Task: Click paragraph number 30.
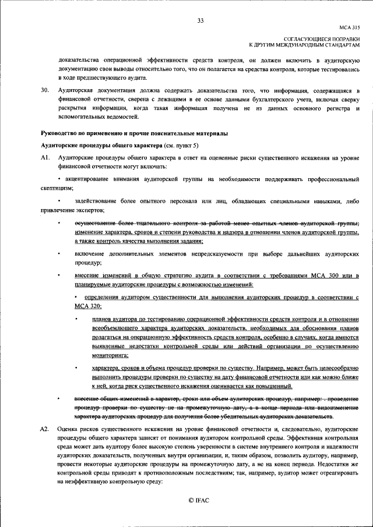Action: pos(44,91)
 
